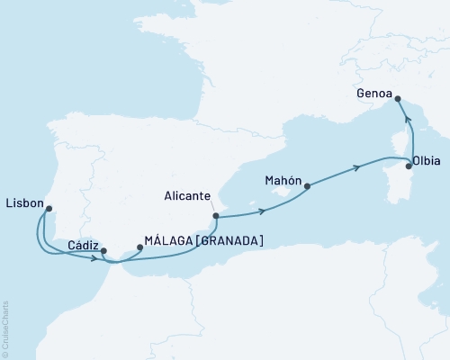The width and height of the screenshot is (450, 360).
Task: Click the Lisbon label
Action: point(24,203)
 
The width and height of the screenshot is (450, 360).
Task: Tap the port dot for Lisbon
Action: point(49,209)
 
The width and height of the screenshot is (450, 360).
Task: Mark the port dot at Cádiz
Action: point(103,251)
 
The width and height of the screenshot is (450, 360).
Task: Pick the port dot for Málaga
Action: point(139,246)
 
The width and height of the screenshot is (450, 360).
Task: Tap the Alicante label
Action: point(188,195)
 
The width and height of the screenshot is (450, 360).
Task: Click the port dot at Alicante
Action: point(215,215)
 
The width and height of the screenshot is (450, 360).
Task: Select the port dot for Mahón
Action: point(308,186)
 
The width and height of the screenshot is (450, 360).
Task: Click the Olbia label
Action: point(426,163)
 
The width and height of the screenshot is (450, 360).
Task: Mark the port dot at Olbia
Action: point(409,166)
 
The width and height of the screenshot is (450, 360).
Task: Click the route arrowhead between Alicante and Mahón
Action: point(262,211)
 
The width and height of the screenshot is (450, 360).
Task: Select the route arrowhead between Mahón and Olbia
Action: point(358,166)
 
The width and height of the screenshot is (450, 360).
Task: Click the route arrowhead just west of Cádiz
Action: point(94,259)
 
